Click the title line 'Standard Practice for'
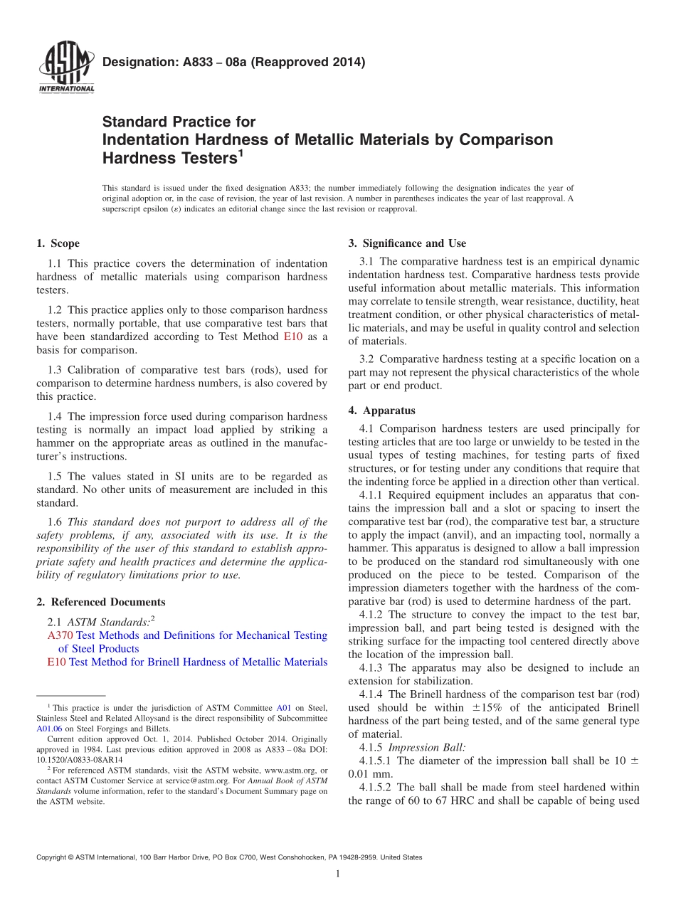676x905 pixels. [179, 122]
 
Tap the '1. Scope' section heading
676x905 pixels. [58, 243]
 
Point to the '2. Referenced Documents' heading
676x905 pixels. [101, 602]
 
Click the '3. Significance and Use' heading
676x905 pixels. [407, 243]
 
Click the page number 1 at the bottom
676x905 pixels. [338, 874]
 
